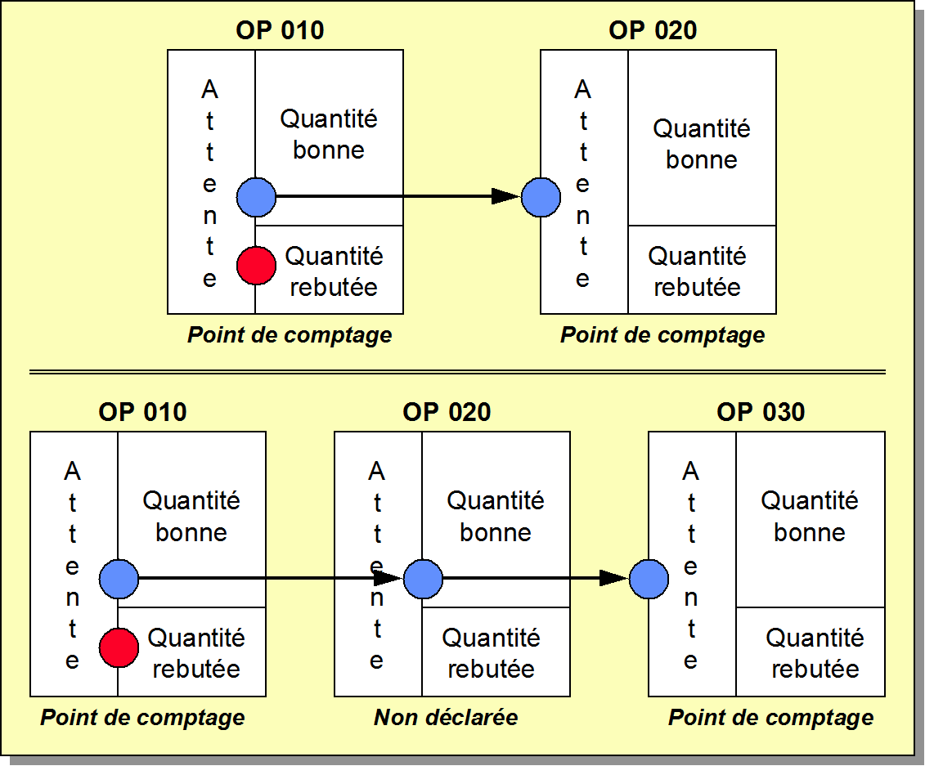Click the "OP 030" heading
click(x=761, y=412)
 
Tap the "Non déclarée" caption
click(x=446, y=718)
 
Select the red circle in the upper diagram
click(x=256, y=266)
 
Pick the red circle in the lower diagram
click(x=119, y=647)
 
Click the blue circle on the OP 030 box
click(x=649, y=579)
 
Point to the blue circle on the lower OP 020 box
click(x=422, y=579)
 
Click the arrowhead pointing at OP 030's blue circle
click(x=613, y=579)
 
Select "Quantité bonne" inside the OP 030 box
click(x=810, y=517)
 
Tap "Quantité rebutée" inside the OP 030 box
click(x=815, y=653)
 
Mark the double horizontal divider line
click(x=458, y=372)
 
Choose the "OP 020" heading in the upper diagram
click(x=653, y=31)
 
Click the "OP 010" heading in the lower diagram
click(x=142, y=412)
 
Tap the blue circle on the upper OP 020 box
click(x=541, y=197)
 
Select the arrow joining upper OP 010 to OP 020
click(x=398, y=196)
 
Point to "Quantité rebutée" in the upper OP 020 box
click(x=697, y=272)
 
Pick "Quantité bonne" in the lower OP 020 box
click(x=496, y=517)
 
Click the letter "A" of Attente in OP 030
click(x=691, y=471)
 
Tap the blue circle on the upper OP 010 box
click(x=256, y=197)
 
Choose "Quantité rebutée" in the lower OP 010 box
click(x=195, y=653)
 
